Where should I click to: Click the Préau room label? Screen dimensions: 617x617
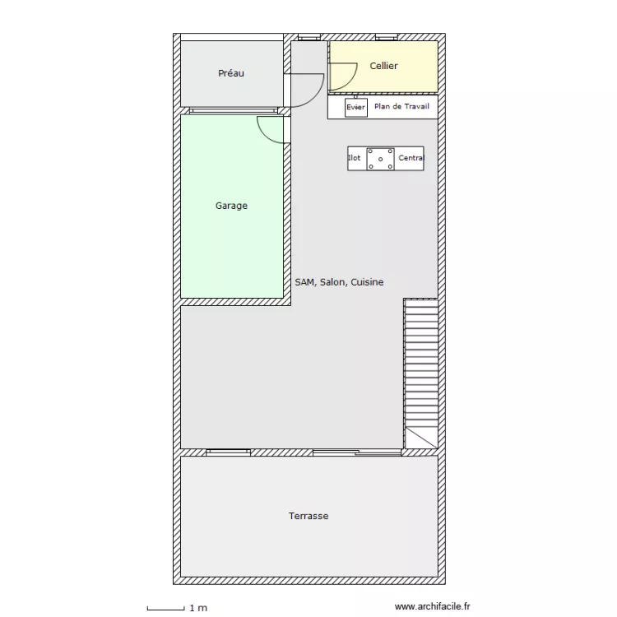(231, 73)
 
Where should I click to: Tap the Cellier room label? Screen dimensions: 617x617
(383, 66)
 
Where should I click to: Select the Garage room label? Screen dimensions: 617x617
(231, 206)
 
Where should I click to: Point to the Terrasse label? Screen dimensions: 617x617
(308, 516)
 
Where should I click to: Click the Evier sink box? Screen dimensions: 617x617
(356, 108)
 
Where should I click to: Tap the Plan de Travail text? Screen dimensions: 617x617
(401, 106)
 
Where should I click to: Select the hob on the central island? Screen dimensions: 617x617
(381, 159)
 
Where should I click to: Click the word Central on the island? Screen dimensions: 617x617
(411, 158)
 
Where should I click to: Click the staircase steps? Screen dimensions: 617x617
(421, 363)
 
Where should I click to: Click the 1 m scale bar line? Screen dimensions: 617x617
(165, 610)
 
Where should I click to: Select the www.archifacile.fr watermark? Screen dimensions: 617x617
(433, 606)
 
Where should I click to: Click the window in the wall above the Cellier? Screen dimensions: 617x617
(387, 37)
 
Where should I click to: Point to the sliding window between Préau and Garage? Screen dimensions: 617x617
(234, 110)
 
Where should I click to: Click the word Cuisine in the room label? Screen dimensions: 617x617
(367, 282)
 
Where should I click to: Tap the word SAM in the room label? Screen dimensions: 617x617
(305, 282)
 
